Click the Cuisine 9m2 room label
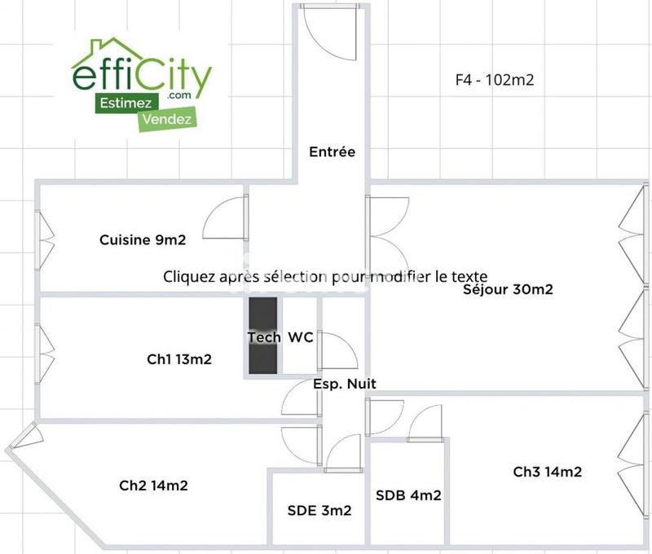point(143,240)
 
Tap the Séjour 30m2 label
point(509,289)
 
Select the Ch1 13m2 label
point(179,358)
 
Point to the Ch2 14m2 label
point(154,486)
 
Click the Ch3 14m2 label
point(547,472)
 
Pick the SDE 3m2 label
point(319,511)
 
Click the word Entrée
point(332,152)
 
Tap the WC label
point(301,337)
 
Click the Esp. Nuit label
point(345,383)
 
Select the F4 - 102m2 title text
point(495,80)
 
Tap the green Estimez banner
point(123,103)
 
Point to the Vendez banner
point(167,119)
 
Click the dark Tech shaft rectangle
point(262,336)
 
